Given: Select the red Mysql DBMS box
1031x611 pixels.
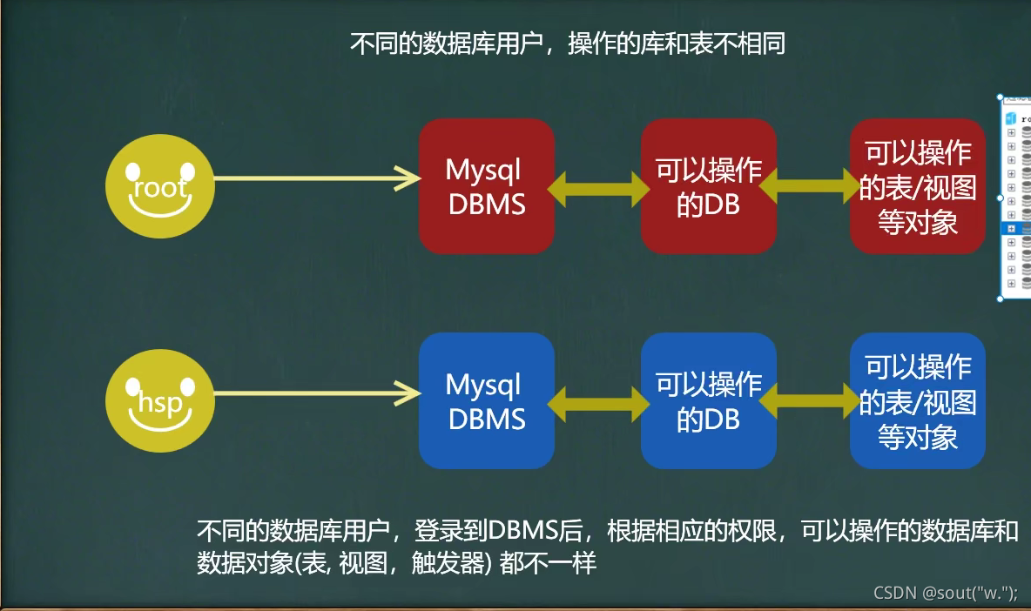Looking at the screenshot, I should point(486,186).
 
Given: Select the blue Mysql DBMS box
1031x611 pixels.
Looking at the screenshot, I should point(486,401).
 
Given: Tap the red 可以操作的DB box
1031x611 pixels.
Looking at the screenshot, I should point(708,186).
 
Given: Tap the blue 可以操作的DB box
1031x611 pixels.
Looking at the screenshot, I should point(708,401).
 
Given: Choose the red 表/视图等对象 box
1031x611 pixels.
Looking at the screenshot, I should point(917,186).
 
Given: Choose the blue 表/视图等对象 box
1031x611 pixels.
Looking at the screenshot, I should point(917,401).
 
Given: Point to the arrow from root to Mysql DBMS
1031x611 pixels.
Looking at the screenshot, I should point(313,178).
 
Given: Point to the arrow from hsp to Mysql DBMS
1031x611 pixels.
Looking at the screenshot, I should point(313,393).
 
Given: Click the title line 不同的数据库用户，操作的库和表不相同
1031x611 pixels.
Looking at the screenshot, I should point(567,44).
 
